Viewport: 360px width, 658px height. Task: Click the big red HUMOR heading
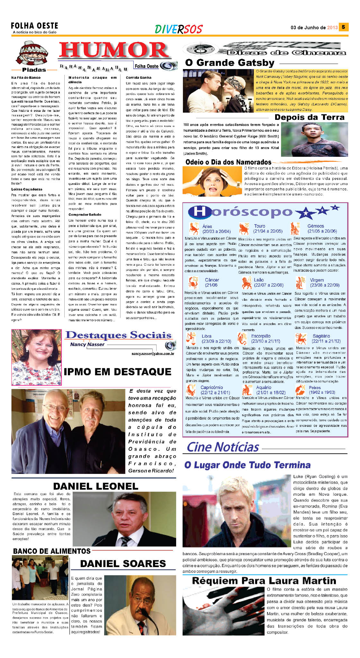[113, 50]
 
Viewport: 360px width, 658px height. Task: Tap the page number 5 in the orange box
[343, 27]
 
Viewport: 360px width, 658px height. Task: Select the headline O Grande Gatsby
[230, 63]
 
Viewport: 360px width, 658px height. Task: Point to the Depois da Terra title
[309, 117]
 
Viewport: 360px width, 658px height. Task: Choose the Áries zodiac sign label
[207, 226]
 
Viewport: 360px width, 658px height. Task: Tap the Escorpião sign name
[261, 336]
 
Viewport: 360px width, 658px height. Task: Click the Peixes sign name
[315, 387]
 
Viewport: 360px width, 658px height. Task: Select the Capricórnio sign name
[212, 387]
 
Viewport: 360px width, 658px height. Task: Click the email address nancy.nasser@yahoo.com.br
[153, 354]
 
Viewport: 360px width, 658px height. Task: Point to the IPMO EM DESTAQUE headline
[117, 372]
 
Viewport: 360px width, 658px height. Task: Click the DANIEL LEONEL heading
[95, 486]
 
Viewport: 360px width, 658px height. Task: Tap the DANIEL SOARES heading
[123, 563]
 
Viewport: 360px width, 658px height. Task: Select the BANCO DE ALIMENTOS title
[52, 551]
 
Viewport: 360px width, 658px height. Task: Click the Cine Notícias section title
[223, 447]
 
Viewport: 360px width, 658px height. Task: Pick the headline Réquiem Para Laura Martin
[264, 581]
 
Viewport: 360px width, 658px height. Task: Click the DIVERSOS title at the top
[178, 29]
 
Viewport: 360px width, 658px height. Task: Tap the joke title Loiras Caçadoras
[27, 189]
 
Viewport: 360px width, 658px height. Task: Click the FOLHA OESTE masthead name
[34, 26]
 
